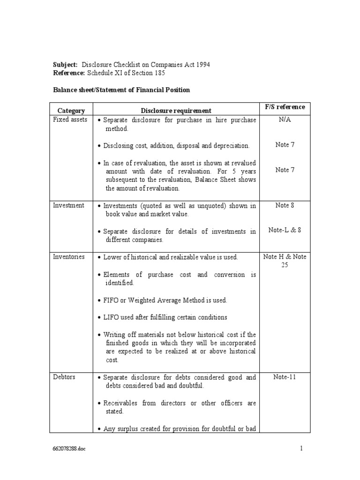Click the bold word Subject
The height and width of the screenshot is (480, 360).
point(65,64)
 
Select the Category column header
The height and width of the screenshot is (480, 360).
point(71,111)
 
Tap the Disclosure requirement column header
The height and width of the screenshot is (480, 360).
point(176,111)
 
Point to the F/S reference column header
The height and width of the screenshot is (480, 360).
point(285,107)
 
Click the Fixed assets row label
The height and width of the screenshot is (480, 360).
point(70,120)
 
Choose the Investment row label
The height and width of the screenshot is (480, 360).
point(68,205)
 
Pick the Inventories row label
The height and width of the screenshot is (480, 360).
point(69,257)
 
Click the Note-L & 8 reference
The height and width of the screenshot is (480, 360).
point(285,230)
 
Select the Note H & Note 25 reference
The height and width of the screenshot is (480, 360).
point(285,261)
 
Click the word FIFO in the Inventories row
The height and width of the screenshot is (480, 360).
point(111,300)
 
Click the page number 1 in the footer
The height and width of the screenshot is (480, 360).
point(302,448)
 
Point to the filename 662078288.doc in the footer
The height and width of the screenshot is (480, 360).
point(69,449)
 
